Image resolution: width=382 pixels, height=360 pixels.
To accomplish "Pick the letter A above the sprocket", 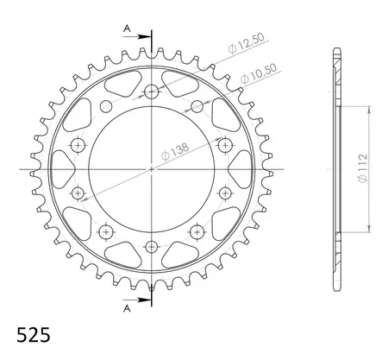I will [x=126, y=28].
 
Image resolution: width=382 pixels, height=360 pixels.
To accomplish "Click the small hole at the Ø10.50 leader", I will [x=197, y=106].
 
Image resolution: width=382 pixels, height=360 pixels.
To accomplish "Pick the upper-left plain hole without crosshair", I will [x=107, y=106].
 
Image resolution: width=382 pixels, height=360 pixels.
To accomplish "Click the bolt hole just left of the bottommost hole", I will [x=107, y=231].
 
